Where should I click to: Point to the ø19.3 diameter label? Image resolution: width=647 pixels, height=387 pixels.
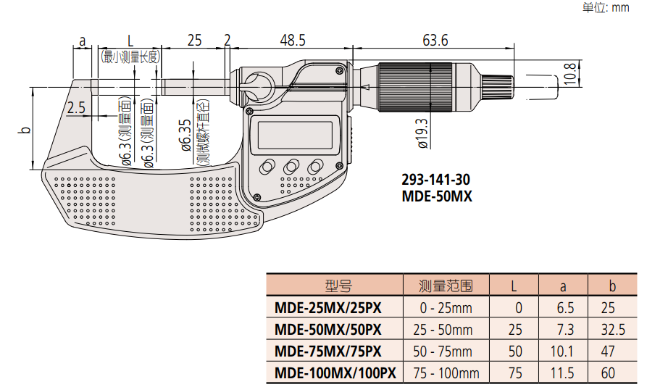[423, 133]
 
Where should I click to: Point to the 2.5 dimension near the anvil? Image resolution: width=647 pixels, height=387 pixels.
[75, 108]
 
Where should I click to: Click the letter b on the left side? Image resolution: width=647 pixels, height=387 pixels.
[24, 130]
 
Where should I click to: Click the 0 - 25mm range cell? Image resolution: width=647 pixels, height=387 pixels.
[446, 308]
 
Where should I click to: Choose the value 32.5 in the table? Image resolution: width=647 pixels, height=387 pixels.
[613, 330]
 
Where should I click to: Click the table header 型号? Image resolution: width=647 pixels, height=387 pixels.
[338, 285]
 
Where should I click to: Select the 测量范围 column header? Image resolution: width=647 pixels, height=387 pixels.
[446, 285]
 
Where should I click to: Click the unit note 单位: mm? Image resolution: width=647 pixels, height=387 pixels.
[606, 8]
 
